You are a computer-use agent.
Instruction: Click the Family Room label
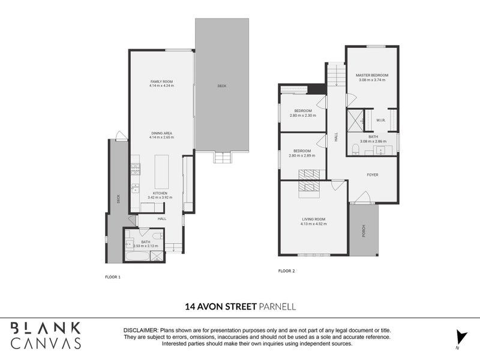pos(161,81)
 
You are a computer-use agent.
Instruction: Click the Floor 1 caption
pos(113,277)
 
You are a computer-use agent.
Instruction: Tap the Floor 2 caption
pos(286,271)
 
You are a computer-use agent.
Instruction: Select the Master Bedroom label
pos(372,75)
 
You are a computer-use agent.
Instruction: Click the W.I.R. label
pos(380,121)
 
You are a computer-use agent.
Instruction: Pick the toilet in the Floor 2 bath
pos(355,148)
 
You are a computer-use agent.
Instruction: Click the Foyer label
pos(373,175)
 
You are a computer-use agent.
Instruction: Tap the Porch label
pos(364,231)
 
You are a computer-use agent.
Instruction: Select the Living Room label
pos(313,222)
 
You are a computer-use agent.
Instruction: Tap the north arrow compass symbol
pos(459,337)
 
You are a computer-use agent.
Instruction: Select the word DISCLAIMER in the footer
pos(140,331)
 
